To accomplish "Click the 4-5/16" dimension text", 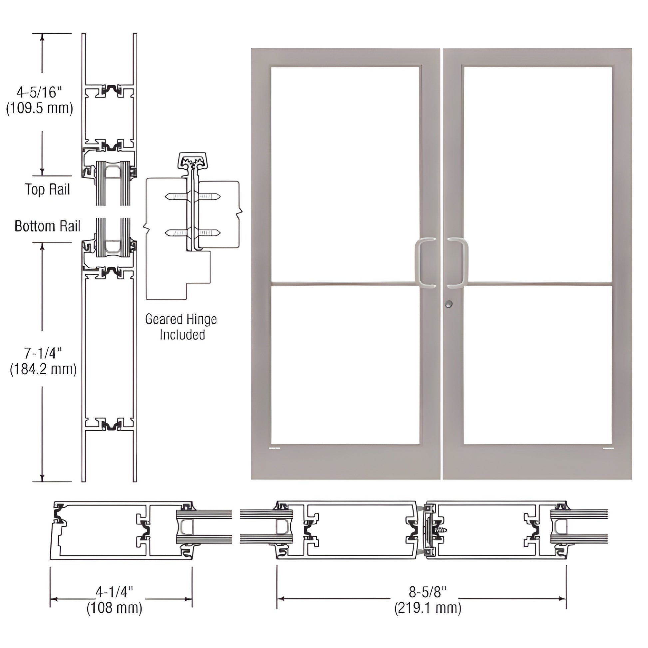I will pos(39,92).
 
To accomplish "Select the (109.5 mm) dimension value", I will pos(40,108).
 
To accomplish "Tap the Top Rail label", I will pos(47,189).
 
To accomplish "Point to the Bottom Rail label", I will pos(47,226).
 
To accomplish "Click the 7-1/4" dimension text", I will pos(43,353).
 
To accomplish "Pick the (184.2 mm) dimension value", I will pos(43,369).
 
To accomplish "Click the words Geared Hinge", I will pos(181,319).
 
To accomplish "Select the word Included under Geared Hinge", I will pos(182,335).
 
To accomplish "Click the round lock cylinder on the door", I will pos(449,304).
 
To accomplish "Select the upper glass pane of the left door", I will pos(345,174).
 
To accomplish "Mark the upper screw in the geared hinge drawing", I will pos(192,196).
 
